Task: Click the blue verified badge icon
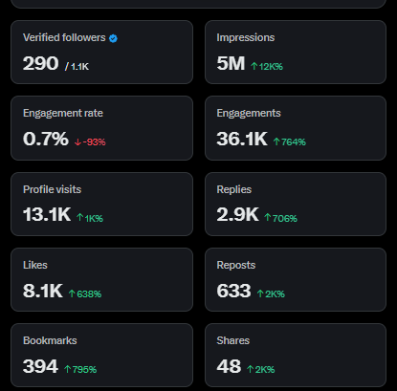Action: pos(113,38)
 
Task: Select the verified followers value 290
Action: pos(40,63)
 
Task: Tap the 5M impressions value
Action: pos(230,63)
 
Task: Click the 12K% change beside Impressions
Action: pos(266,66)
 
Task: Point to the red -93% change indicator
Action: pos(90,141)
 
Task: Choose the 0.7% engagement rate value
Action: pos(45,139)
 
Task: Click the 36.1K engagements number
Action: pos(242,139)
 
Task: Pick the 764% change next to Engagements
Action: pos(291,141)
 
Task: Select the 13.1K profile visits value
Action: pos(47,214)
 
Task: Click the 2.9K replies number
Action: pos(237,214)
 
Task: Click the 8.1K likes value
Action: pos(42,290)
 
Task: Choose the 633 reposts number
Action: pos(233,290)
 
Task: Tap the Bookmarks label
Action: pos(50,340)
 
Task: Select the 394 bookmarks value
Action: pos(40,366)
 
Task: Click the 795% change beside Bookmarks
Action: pos(81,369)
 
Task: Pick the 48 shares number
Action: pos(228,366)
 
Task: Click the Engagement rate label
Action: pos(62,113)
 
